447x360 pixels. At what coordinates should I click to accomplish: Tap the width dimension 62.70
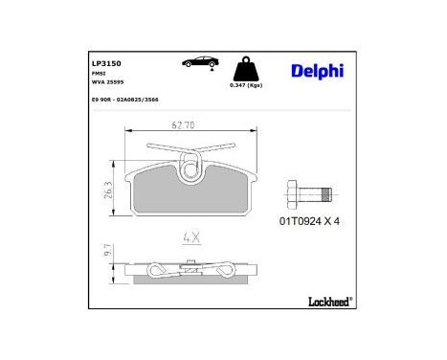[x=185, y=126]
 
